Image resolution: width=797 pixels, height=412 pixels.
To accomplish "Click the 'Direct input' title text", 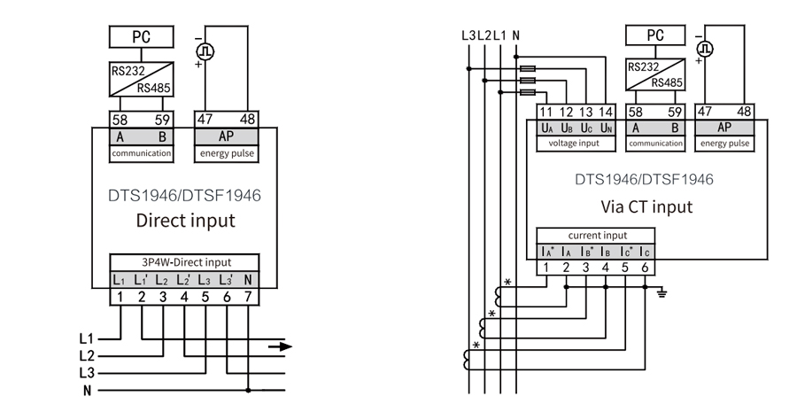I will [x=185, y=221].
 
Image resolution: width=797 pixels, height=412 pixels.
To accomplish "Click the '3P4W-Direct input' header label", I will [x=185, y=262].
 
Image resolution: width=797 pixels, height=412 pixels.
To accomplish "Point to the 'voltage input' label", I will [x=574, y=143].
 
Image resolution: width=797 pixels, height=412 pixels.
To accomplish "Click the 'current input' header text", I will [x=598, y=236].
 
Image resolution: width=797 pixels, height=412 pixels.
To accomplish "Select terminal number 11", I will [x=546, y=113].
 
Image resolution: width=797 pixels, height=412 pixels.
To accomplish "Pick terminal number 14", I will [x=604, y=113].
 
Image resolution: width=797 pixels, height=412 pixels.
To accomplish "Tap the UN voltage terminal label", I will [x=604, y=128].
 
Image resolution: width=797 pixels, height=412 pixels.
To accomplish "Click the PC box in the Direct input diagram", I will [x=142, y=37].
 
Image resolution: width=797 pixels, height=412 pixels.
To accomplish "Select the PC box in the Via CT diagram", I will [x=654, y=35].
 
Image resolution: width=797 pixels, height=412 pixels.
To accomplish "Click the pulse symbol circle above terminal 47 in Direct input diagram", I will [x=205, y=51].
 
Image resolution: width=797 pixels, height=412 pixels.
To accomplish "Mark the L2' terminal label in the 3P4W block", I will [x=183, y=280].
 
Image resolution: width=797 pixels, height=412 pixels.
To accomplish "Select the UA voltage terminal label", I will [x=547, y=128].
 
